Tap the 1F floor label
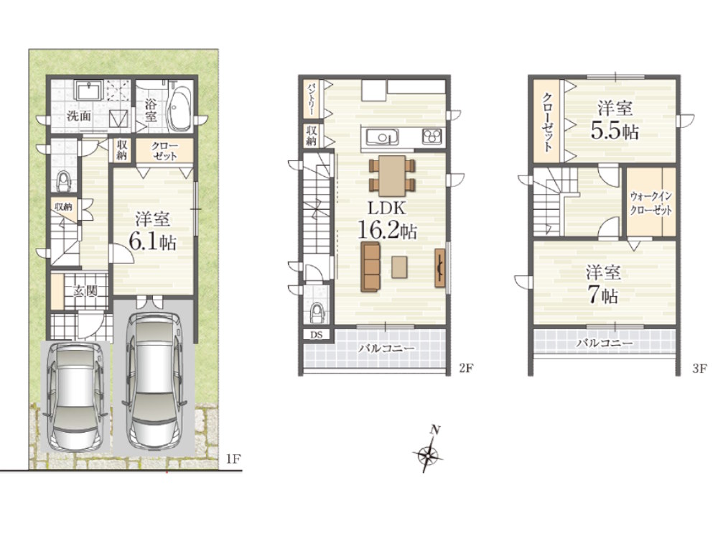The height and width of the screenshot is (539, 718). (x=233, y=459)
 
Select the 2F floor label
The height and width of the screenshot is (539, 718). (x=465, y=368)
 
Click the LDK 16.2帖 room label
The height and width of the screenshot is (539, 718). (x=387, y=220)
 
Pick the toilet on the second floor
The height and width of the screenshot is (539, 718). (x=317, y=315)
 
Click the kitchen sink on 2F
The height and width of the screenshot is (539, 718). (x=381, y=137)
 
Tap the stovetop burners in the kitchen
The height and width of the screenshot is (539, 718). (x=432, y=136)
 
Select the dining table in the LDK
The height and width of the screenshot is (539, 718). (x=392, y=175)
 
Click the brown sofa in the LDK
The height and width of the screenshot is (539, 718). (x=370, y=267)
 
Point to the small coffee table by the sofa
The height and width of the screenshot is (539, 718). (x=400, y=267)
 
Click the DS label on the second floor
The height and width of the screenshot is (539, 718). (x=317, y=335)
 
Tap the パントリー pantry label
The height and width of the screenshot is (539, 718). (x=312, y=99)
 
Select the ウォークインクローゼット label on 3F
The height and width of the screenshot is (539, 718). (x=651, y=203)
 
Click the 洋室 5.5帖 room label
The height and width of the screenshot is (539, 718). (x=615, y=120)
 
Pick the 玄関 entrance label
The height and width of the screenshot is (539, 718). (x=85, y=290)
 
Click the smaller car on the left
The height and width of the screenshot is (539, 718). (x=76, y=397)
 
